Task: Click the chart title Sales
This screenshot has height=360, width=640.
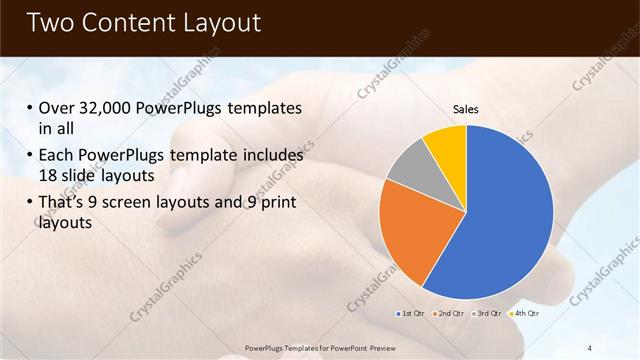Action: coord(466,108)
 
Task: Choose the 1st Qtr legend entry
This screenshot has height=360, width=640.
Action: coord(409,314)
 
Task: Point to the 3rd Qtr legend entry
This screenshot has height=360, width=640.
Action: coord(488,314)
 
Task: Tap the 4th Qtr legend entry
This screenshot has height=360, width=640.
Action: coord(526,314)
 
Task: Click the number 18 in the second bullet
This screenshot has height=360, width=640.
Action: coord(49,175)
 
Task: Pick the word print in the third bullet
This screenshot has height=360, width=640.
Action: coord(276,203)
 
